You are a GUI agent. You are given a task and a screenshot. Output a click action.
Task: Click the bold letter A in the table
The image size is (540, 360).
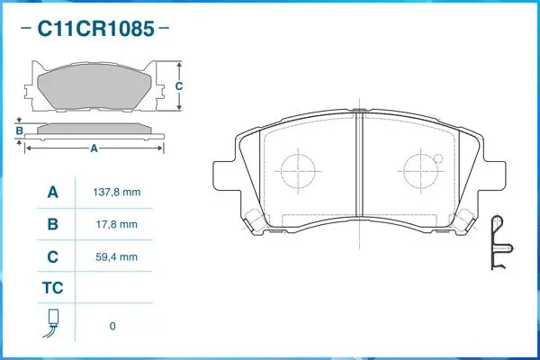coord(52,193)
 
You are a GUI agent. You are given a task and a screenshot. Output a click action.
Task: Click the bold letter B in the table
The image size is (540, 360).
coord(52,224)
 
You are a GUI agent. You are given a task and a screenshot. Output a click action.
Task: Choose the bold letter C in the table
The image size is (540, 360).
coord(52,256)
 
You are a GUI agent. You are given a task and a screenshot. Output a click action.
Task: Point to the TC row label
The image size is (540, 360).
coord(52,289)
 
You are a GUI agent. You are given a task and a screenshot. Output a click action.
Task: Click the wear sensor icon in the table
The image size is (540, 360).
coord(52,323)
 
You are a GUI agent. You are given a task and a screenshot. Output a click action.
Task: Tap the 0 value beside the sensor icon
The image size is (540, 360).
coord(112,325)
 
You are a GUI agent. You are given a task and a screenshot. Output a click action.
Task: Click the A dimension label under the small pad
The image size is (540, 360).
coord(93,148)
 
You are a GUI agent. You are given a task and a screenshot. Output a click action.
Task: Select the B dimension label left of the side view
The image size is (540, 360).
coord(18,130)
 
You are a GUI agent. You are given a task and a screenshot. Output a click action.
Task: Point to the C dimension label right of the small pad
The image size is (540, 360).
coord(179,86)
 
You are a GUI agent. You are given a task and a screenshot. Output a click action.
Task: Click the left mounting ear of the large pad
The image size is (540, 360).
coord(225,175)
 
